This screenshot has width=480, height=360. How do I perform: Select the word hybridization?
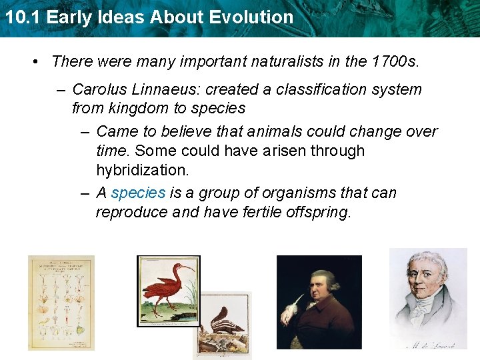pos(143,170)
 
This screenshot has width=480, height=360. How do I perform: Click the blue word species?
pos(138,193)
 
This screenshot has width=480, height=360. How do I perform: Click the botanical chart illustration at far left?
pos(61,303)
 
